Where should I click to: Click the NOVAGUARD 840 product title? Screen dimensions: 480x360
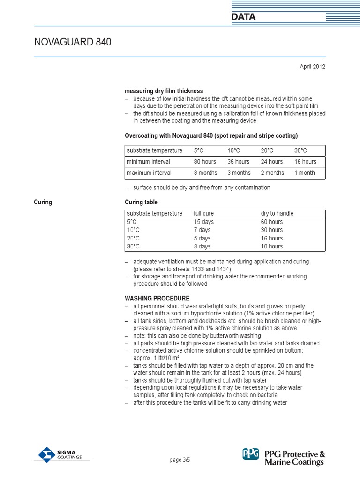[73, 42]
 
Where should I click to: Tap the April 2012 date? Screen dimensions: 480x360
[312, 67]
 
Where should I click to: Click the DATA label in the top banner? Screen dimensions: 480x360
[243, 17]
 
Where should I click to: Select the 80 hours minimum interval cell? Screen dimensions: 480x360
[205, 162]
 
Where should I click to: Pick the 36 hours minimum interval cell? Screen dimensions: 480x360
[239, 162]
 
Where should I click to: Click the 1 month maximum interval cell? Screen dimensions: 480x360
[305, 173]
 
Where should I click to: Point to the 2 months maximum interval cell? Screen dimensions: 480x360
[272, 173]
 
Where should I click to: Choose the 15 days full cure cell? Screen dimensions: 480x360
[203, 222]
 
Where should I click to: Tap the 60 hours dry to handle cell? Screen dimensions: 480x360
[272, 222]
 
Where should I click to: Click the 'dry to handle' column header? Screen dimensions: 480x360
[277, 213]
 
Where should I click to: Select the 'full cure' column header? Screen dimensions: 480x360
[204, 213]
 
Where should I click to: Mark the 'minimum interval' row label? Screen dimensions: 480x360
[149, 162]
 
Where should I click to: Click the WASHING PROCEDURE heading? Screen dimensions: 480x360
[157, 298]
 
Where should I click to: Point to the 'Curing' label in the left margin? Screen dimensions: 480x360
[43, 202]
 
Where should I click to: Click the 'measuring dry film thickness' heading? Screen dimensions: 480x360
[164, 91]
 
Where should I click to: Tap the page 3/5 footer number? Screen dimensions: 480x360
[180, 460]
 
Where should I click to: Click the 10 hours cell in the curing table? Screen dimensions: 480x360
[272, 247]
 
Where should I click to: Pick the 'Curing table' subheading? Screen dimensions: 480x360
[141, 202]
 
